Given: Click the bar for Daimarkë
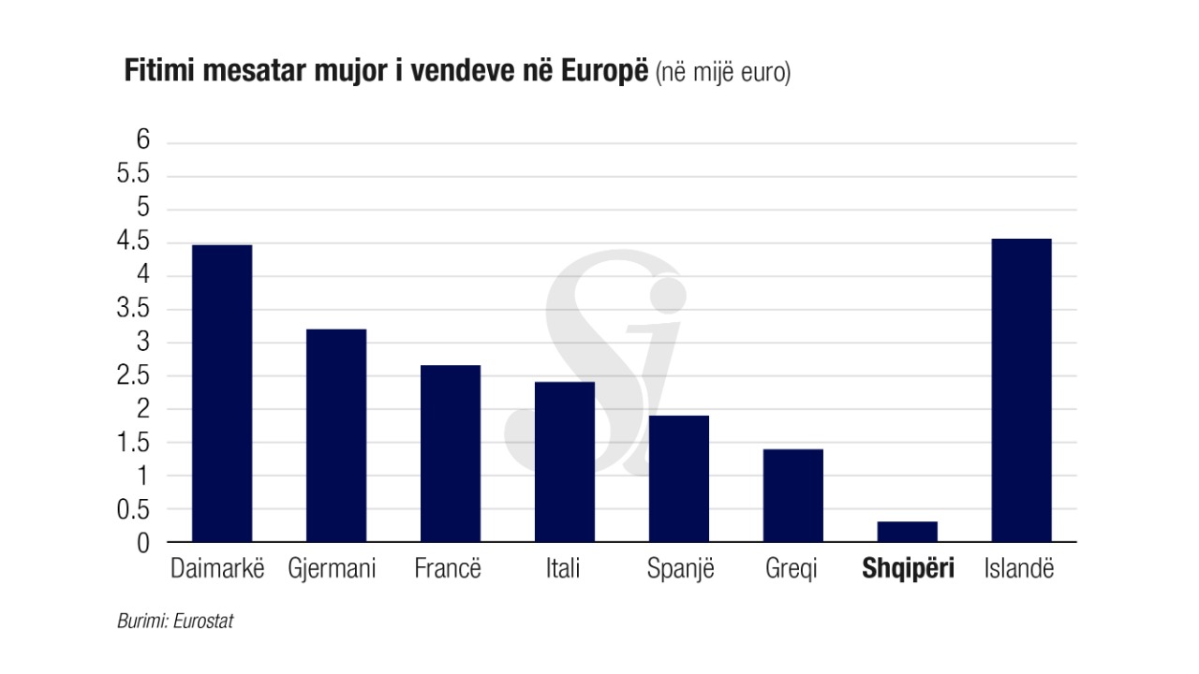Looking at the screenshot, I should click(x=222, y=393).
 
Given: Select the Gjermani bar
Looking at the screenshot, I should click(x=336, y=435).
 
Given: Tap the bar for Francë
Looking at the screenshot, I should click(x=451, y=453).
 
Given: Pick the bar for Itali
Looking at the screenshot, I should click(x=565, y=462).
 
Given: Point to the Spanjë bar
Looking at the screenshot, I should click(x=679, y=478).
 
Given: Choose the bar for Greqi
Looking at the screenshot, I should click(x=793, y=495).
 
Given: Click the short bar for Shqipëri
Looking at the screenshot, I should click(x=908, y=532).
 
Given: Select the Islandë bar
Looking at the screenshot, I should click(x=1022, y=390).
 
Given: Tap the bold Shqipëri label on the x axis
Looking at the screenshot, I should click(x=908, y=568).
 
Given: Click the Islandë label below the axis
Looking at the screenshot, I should click(x=1019, y=568).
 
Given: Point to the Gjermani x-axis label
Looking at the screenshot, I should click(x=332, y=568).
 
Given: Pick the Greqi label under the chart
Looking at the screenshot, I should click(x=792, y=568).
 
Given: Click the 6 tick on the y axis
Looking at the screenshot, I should click(x=143, y=140).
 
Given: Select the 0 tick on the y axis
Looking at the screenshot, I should click(x=143, y=543).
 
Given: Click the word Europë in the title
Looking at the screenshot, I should click(x=604, y=72).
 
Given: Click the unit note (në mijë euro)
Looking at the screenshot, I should click(x=723, y=73).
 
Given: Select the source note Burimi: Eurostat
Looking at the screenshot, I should click(x=174, y=622).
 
